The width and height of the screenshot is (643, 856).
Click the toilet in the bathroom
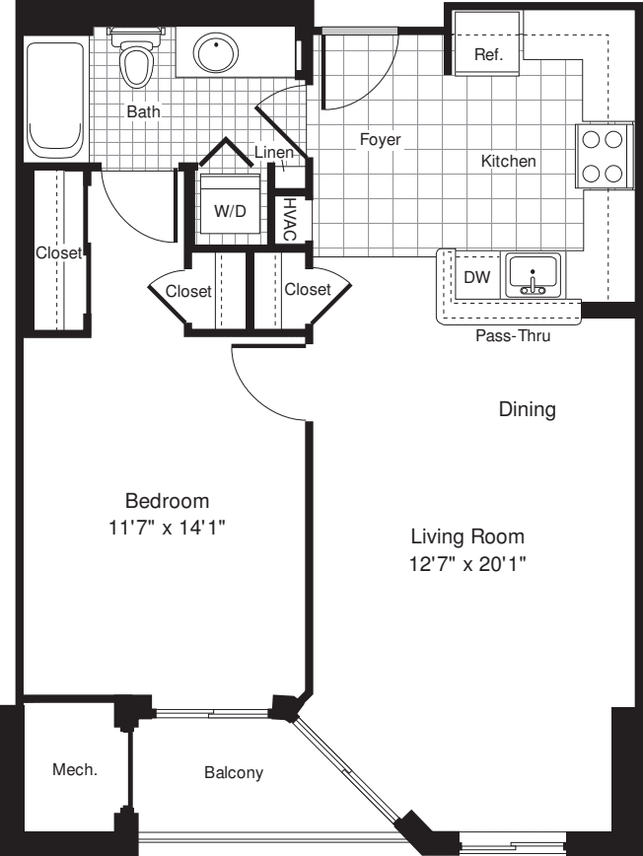(x=135, y=61)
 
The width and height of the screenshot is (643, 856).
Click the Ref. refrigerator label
(x=488, y=55)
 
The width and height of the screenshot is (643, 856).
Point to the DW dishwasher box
(x=477, y=278)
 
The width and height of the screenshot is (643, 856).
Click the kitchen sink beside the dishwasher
(x=534, y=274)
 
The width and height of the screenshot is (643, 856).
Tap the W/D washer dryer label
(x=230, y=210)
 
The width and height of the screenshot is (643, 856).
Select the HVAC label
(x=291, y=218)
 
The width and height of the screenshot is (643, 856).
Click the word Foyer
(x=380, y=140)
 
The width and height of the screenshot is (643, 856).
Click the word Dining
(x=527, y=408)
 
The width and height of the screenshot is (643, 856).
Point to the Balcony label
(x=234, y=772)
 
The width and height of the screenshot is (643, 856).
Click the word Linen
(x=273, y=152)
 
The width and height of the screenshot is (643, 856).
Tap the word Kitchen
(x=508, y=161)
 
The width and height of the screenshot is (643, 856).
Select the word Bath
(x=144, y=112)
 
